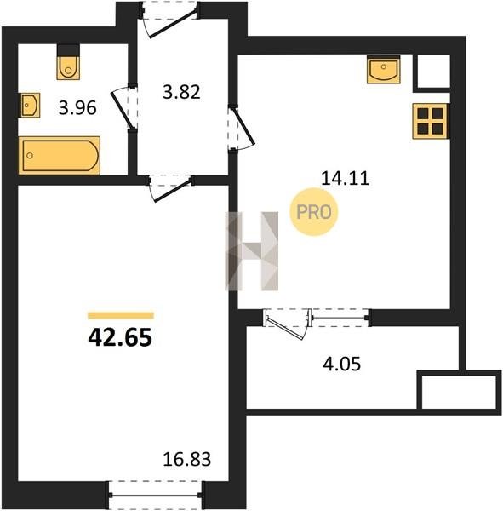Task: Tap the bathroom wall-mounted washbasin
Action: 29,105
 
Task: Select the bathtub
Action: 60,156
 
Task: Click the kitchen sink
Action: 384,70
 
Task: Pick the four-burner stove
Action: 431,121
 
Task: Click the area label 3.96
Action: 77,108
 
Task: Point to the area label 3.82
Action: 181,92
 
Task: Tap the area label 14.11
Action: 346,179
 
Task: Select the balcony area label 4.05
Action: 342,364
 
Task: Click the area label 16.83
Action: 187,460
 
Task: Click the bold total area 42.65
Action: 120,337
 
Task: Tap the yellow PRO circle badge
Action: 314,212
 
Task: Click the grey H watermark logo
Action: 252,251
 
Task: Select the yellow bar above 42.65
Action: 121,315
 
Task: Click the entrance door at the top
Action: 169,20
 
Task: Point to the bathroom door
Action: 124,108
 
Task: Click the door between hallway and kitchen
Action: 241,128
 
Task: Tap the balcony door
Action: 287,324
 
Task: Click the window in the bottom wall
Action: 156,495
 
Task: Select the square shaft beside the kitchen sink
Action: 433,72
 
